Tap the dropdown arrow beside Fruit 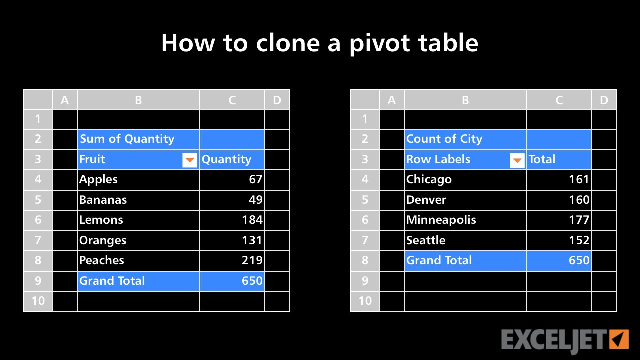point(190,160)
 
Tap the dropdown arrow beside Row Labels point(517,160)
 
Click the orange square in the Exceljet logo point(619,339)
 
